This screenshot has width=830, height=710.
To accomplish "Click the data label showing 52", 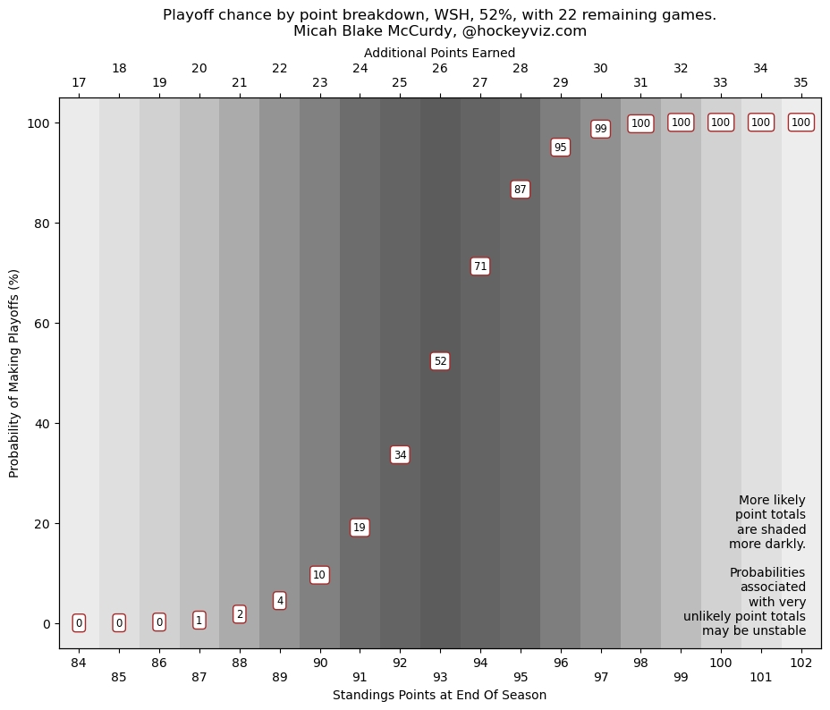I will pyautogui.click(x=440, y=361).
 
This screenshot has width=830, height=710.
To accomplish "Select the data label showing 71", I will pyautogui.click(x=480, y=266).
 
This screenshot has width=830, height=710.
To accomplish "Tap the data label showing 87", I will pyautogui.click(x=521, y=190).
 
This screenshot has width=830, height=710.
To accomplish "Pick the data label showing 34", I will pyautogui.click(x=400, y=455).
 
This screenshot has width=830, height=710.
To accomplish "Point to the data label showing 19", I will pyautogui.click(x=360, y=528).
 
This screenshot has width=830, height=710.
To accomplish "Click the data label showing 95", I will pyautogui.click(x=561, y=148).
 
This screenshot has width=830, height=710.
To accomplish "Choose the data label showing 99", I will pyautogui.click(x=601, y=129).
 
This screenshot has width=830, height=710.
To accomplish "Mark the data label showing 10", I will pyautogui.click(x=319, y=575).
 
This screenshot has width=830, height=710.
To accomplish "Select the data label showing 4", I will pyautogui.click(x=280, y=601).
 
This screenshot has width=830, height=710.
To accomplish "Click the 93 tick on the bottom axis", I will pyautogui.click(x=440, y=677).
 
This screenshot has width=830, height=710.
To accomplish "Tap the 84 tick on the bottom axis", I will pyautogui.click(x=79, y=663).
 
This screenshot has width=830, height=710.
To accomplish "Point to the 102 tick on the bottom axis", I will pyautogui.click(x=801, y=663).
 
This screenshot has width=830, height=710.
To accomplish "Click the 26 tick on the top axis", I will pyautogui.click(x=440, y=69).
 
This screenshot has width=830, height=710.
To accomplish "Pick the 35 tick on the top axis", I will pyautogui.click(x=801, y=83).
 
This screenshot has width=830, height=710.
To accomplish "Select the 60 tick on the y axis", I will pyautogui.click(x=41, y=324).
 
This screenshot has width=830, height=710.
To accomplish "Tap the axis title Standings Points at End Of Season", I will pyautogui.click(x=439, y=696).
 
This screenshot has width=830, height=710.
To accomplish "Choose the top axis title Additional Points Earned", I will pyautogui.click(x=439, y=53).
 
